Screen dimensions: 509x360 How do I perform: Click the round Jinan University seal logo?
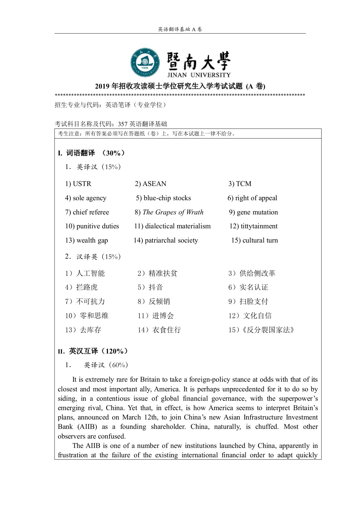pyautogui.click(x=145, y=63)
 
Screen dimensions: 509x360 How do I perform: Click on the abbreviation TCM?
pyautogui.click(x=244, y=184)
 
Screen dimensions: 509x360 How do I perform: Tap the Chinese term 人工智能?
pyautogui.click(x=90, y=273)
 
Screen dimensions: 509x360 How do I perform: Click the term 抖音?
pyautogui.click(x=156, y=287)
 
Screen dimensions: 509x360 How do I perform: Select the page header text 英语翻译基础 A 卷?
pyautogui.click(x=180, y=29)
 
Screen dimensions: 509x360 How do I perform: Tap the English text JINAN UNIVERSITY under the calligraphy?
pyautogui.click(x=199, y=75)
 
